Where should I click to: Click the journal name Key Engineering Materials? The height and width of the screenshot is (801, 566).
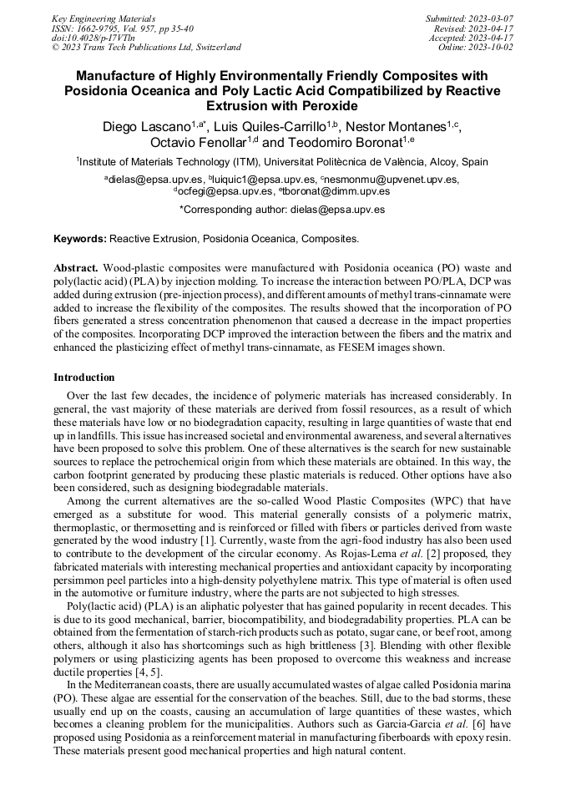point(104,18)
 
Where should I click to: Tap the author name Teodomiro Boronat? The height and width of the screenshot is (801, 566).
point(344,143)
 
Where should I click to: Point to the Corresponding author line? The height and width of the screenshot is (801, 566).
point(282,210)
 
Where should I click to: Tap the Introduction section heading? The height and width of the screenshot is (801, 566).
point(83,378)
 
